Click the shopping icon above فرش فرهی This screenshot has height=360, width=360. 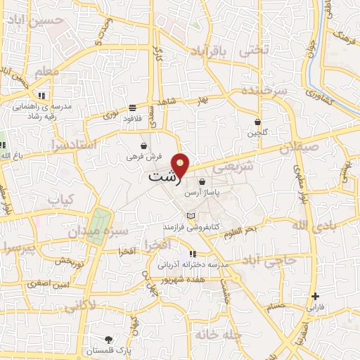tap(144, 146)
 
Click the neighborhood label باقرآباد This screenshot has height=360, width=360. tap(210, 51)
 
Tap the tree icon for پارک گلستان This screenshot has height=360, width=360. tap(108, 340)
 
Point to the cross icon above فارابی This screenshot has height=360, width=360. tap(315, 296)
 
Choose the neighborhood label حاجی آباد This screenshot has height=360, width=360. tap(269, 260)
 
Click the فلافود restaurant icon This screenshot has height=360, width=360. tap(132, 108)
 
